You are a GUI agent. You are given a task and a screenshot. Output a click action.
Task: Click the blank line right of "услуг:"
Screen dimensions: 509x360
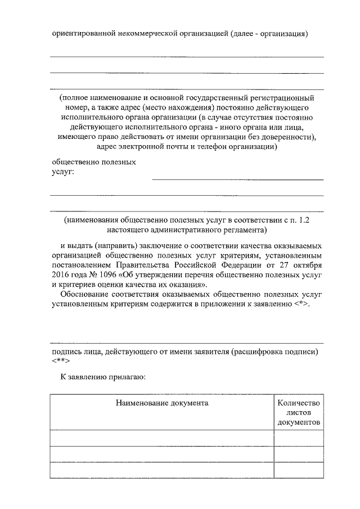(x=237, y=179)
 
